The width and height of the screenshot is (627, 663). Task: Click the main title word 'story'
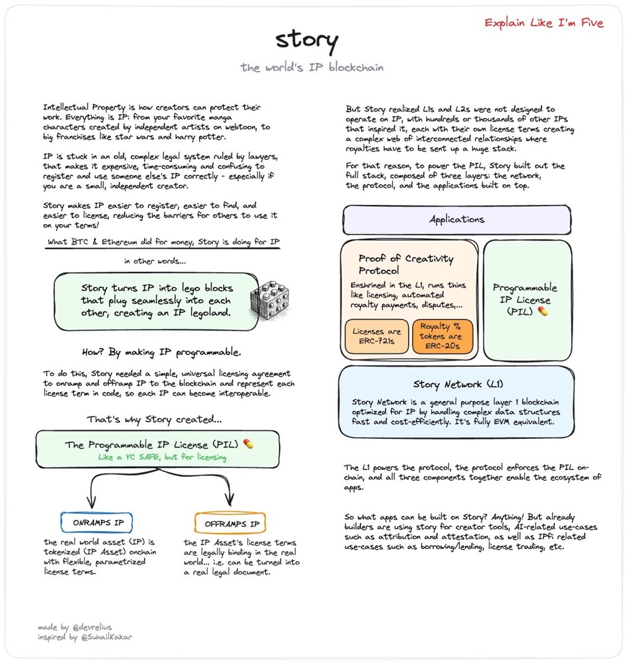(307, 41)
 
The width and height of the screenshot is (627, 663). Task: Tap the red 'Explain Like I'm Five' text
(544, 23)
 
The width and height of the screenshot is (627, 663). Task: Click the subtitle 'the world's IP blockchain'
(311, 68)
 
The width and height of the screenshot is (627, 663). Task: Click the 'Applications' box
(456, 219)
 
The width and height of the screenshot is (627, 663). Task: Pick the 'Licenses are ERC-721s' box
(377, 336)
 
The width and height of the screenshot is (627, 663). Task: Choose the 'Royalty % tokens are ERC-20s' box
(443, 336)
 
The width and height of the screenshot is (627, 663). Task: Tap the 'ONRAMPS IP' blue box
(98, 523)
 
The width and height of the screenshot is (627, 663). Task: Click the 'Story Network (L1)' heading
(458, 384)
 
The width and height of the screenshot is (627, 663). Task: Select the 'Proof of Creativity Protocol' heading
(406, 265)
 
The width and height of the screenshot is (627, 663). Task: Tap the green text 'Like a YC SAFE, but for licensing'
(163, 457)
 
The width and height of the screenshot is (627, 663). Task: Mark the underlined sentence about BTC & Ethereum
(163, 243)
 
